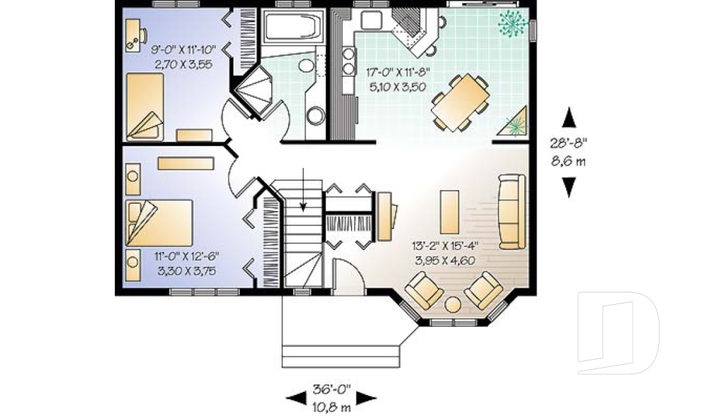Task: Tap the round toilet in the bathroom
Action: tap(315, 116)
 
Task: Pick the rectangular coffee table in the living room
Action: tap(450, 211)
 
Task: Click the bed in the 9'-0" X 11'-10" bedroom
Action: tap(144, 106)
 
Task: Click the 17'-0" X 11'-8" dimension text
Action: tap(398, 72)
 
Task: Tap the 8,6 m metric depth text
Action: tap(568, 161)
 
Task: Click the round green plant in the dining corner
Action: tap(513, 23)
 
